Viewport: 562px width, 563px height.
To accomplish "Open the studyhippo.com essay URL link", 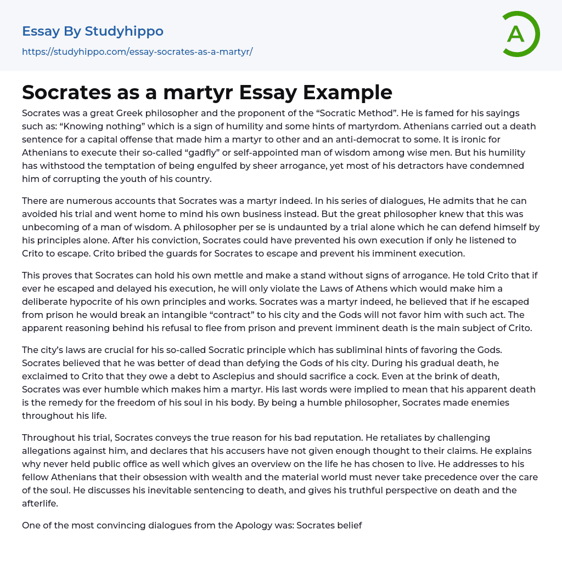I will click(137, 52).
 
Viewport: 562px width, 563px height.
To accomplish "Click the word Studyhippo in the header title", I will click(124, 31).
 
